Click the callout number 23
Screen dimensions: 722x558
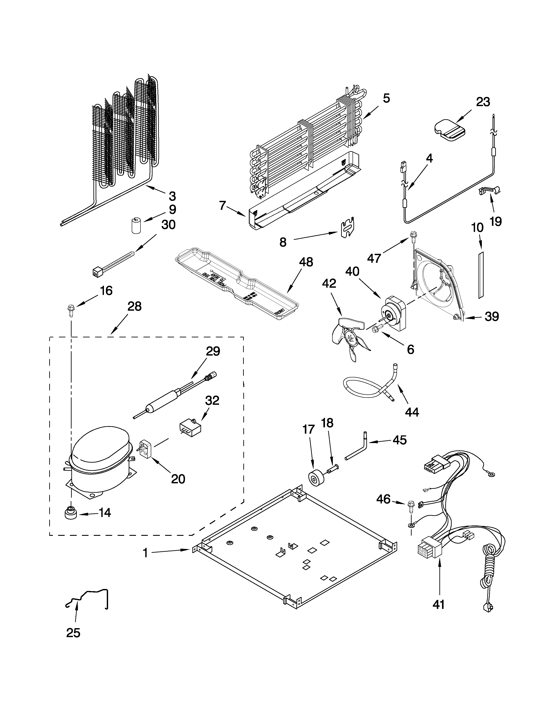483,102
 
